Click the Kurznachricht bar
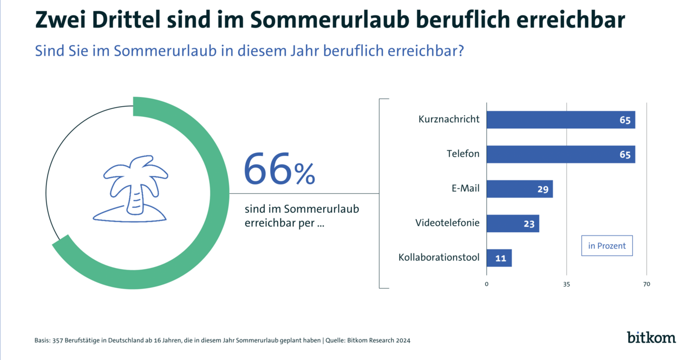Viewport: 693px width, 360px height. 560,120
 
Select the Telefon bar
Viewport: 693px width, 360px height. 560,154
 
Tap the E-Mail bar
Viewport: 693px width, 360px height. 519,189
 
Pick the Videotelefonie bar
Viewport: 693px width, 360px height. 512,224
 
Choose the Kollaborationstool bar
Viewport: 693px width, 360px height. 499,258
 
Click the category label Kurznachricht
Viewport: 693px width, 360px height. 449,119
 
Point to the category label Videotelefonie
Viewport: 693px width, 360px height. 447,222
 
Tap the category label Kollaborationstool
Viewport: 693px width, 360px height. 439,257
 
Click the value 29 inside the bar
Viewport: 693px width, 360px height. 542,189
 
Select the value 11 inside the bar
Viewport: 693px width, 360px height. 500,258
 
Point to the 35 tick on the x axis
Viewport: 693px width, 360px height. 566,284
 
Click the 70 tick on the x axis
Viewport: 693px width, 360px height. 646,284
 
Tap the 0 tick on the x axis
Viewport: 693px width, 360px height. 486,284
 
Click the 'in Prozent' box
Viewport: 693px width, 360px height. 606,246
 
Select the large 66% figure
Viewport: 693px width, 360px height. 279,169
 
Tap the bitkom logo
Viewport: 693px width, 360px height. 651,337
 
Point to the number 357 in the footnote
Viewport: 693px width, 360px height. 57,341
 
